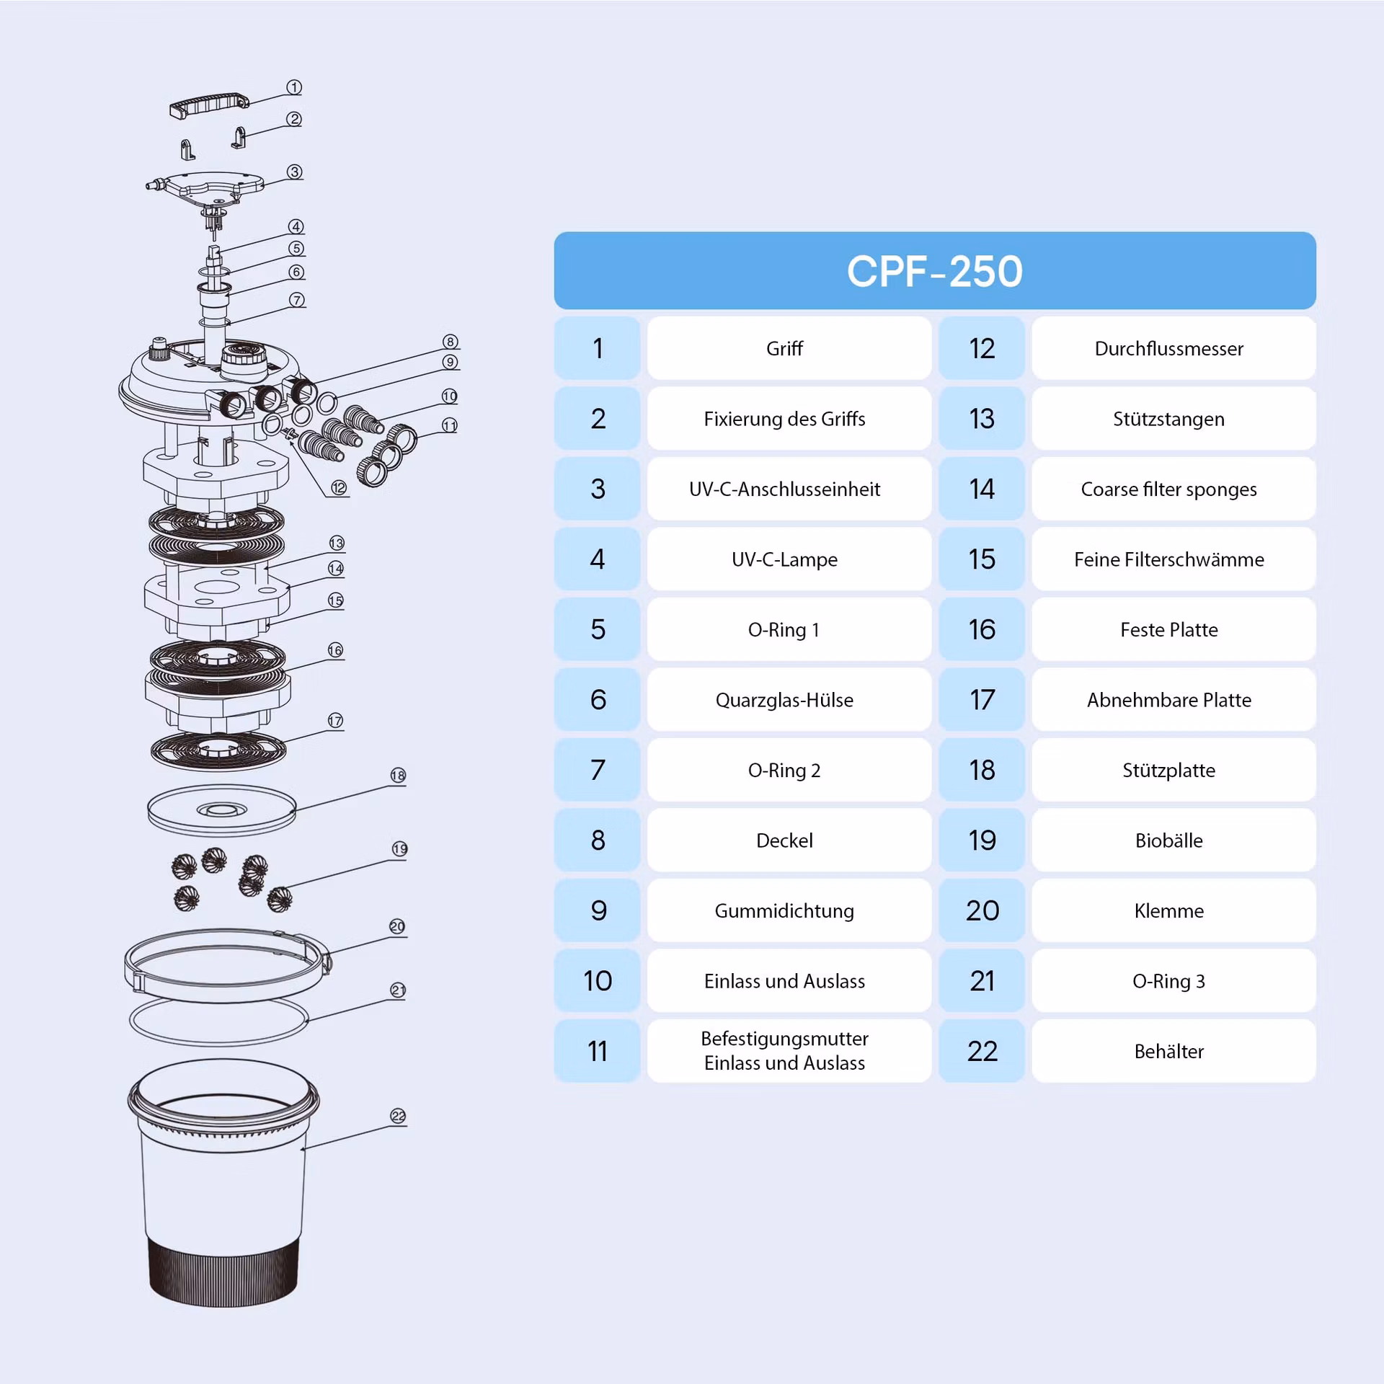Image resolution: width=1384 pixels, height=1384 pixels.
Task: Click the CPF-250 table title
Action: [x=934, y=270]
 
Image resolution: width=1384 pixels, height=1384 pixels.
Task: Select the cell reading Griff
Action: [x=789, y=348]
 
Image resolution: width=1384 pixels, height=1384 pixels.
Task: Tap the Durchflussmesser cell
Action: [x=1173, y=348]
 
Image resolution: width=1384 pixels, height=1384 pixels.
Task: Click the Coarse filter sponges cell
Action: [x=1173, y=489]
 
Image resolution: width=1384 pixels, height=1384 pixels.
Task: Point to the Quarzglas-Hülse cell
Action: [x=789, y=699]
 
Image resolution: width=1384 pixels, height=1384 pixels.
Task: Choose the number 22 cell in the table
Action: [x=982, y=1051]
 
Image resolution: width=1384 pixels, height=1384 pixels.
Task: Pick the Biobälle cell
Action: [x=1173, y=840]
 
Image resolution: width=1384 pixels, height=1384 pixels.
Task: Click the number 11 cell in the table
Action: [x=597, y=1051]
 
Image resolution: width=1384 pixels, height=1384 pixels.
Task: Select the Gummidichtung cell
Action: [x=789, y=910]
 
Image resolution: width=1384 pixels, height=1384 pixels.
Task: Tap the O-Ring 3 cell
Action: [x=1173, y=980]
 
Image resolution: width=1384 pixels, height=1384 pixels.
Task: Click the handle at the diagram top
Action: [x=209, y=105]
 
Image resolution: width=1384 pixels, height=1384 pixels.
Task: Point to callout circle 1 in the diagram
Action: [x=294, y=87]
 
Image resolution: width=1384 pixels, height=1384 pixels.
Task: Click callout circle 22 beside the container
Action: [x=398, y=1116]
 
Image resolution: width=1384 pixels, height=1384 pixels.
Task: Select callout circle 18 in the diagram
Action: [x=398, y=776]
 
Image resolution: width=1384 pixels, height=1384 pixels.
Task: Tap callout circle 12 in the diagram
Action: [x=339, y=488]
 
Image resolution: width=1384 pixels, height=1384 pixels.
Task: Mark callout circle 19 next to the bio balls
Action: [x=400, y=849]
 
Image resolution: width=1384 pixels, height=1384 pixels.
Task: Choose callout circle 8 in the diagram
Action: [x=451, y=342]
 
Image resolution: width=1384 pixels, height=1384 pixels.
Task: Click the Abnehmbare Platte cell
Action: [x=1173, y=699]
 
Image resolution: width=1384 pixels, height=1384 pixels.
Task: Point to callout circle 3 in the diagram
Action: [x=295, y=172]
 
